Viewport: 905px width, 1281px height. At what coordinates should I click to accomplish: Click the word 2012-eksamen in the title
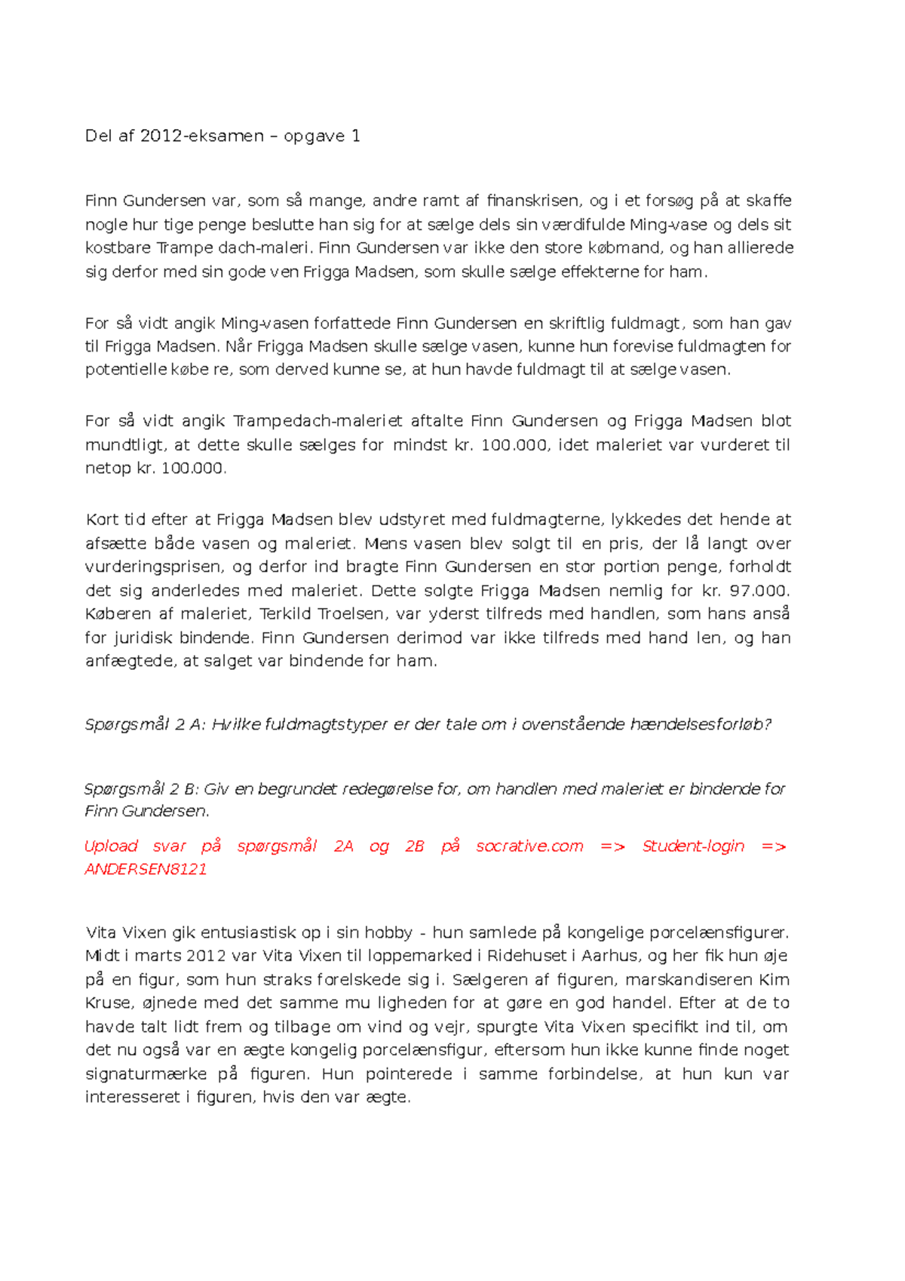(202, 137)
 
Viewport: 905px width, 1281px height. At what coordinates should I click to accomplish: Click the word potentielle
(127, 370)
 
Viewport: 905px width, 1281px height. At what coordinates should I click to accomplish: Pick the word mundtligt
(124, 445)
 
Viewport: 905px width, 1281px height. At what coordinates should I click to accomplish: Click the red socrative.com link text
(529, 846)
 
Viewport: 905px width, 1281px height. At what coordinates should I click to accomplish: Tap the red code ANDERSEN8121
(146, 869)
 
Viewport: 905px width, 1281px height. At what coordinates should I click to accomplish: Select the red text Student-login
(693, 846)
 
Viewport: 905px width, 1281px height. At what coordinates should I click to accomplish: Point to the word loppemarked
(421, 956)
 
